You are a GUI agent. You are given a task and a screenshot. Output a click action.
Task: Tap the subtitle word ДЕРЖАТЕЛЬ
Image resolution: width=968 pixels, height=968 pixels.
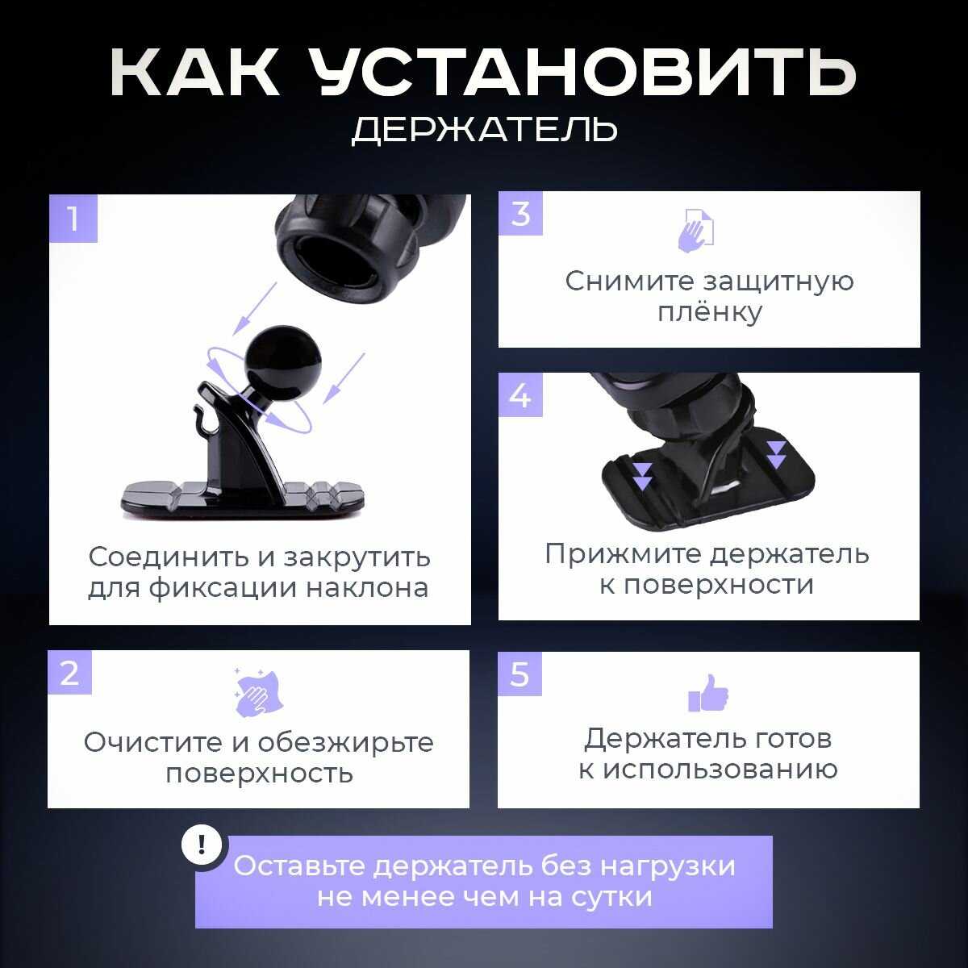pyautogui.click(x=484, y=129)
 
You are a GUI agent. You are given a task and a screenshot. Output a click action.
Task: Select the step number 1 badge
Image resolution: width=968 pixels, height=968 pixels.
pyautogui.click(x=73, y=219)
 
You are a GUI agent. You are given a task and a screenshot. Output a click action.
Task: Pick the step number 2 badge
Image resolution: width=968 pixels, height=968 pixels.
pyautogui.click(x=70, y=673)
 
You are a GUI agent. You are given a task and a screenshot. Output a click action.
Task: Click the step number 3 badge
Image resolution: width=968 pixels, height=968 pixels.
pyautogui.click(x=520, y=214)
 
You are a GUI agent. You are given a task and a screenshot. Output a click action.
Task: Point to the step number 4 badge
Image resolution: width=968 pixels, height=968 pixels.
pyautogui.click(x=520, y=394)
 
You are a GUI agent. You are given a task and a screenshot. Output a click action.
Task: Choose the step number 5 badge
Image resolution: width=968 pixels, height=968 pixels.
pyautogui.click(x=519, y=674)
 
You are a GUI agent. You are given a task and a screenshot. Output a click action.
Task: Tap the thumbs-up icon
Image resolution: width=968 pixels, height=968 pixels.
pyautogui.click(x=708, y=693)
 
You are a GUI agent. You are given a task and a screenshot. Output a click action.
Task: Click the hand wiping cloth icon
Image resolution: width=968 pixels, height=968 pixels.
pyautogui.click(x=258, y=691)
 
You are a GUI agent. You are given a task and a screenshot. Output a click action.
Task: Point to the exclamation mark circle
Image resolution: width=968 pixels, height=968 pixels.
pyautogui.click(x=202, y=845)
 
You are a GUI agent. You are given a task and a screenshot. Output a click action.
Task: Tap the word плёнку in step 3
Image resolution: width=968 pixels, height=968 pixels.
pyautogui.click(x=710, y=312)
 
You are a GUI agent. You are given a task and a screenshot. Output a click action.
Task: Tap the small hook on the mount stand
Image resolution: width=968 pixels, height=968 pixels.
pyautogui.click(x=202, y=416)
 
